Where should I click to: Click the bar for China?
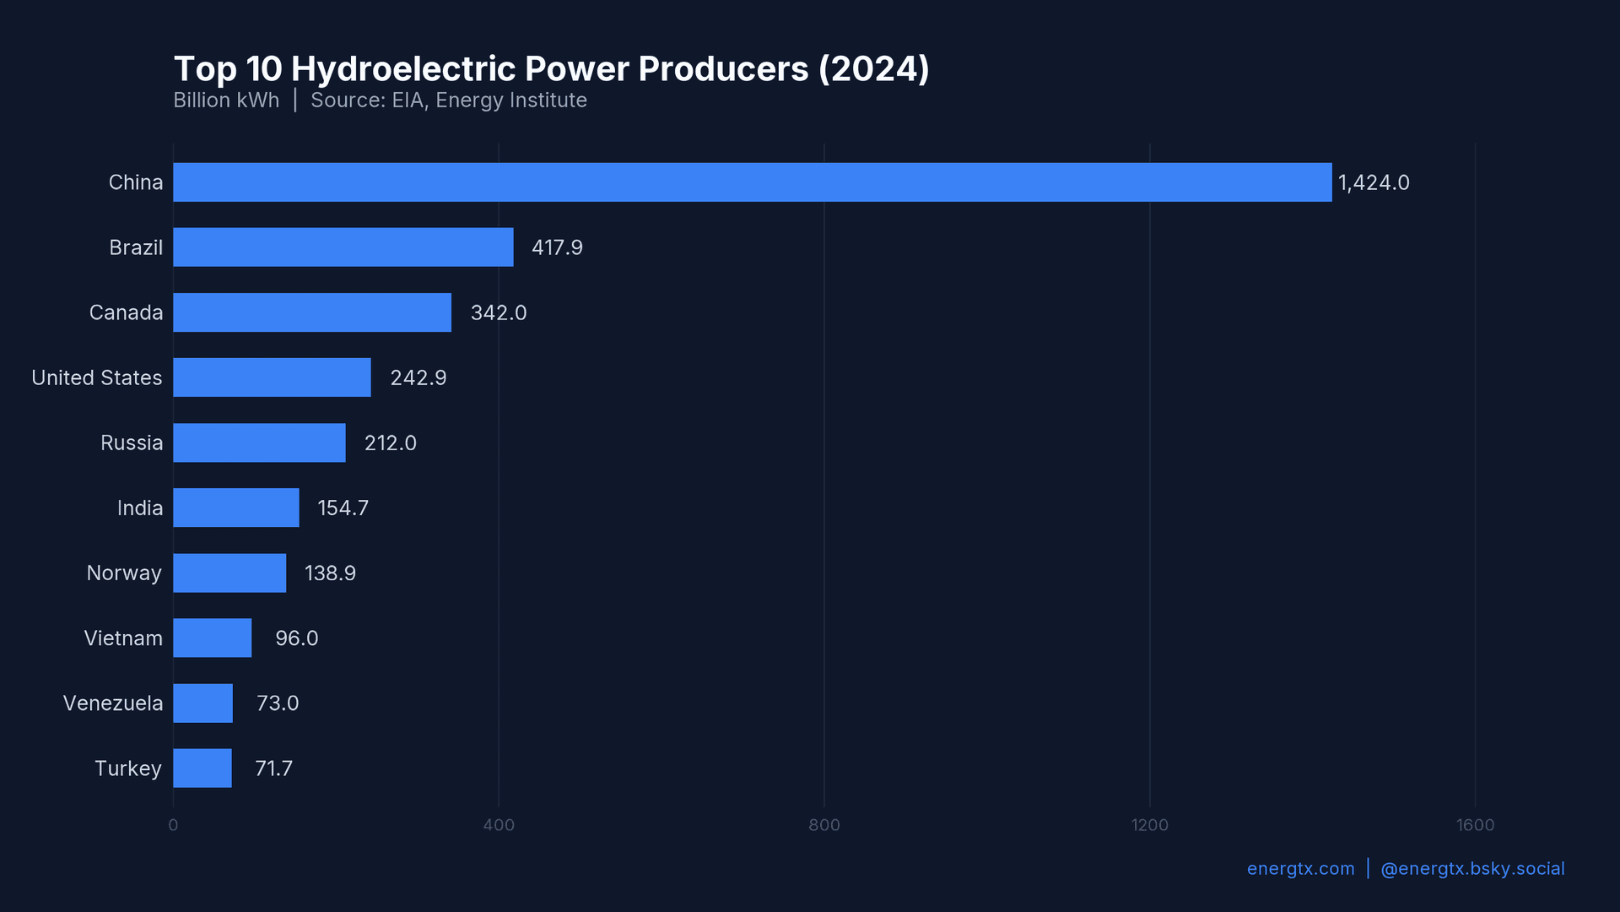[x=752, y=182]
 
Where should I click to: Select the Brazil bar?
[x=343, y=247]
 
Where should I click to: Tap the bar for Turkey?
[x=202, y=768]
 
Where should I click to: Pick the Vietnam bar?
[x=213, y=638]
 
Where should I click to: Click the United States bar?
[x=272, y=377]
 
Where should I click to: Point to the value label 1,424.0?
[x=1374, y=183]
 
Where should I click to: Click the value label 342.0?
[x=499, y=313]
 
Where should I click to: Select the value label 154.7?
[x=343, y=508]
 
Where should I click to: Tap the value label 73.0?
[x=278, y=703]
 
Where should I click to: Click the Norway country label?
[x=124, y=573]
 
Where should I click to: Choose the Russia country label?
[x=132, y=443]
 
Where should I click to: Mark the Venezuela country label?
[x=113, y=703]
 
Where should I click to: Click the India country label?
[x=140, y=508]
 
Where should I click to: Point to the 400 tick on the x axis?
[x=499, y=825]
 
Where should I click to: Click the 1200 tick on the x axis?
[x=1149, y=825]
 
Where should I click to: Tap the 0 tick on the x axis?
[x=173, y=825]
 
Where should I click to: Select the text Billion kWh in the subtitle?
[x=226, y=100]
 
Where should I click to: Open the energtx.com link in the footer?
[x=1300, y=869]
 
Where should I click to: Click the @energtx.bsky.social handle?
[x=1472, y=869]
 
